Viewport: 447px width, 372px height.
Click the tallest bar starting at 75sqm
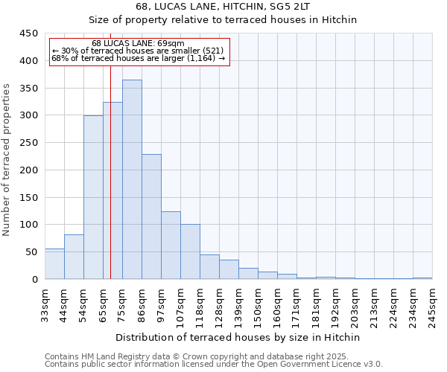[132, 179]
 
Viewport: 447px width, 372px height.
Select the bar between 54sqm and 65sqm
[93, 197]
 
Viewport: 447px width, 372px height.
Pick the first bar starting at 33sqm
[54, 264]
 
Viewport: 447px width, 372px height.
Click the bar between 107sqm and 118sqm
[190, 251]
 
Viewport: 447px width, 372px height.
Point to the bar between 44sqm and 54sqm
[74, 257]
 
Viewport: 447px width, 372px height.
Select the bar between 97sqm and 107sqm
[171, 246]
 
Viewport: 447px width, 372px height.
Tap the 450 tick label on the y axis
[28, 33]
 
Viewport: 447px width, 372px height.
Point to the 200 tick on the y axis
[28, 170]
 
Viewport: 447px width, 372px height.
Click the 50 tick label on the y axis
[31, 252]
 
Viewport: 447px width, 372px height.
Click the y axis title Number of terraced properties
[7, 159]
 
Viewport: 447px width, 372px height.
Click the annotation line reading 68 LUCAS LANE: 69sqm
[138, 43]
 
